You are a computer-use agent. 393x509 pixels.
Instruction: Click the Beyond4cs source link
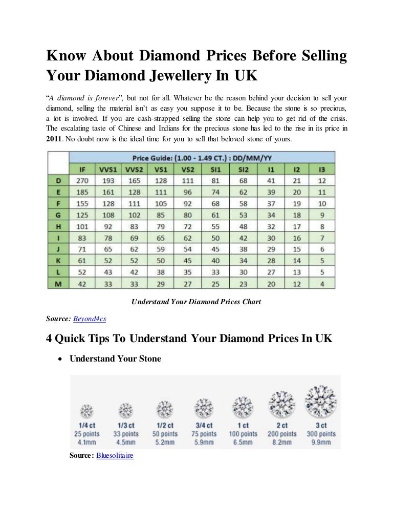click(90, 318)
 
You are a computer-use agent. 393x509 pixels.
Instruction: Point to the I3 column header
click(322, 169)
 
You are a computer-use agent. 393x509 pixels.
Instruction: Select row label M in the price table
click(58, 283)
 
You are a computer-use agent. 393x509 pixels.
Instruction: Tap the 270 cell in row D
click(82, 180)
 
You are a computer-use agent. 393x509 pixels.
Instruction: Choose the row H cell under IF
click(82, 226)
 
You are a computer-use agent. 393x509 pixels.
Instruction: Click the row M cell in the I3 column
click(322, 283)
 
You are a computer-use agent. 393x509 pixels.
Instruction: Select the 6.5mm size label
click(243, 442)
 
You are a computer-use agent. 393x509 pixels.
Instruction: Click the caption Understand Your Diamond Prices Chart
click(196, 302)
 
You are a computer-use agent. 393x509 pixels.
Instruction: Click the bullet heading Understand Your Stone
click(115, 359)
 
